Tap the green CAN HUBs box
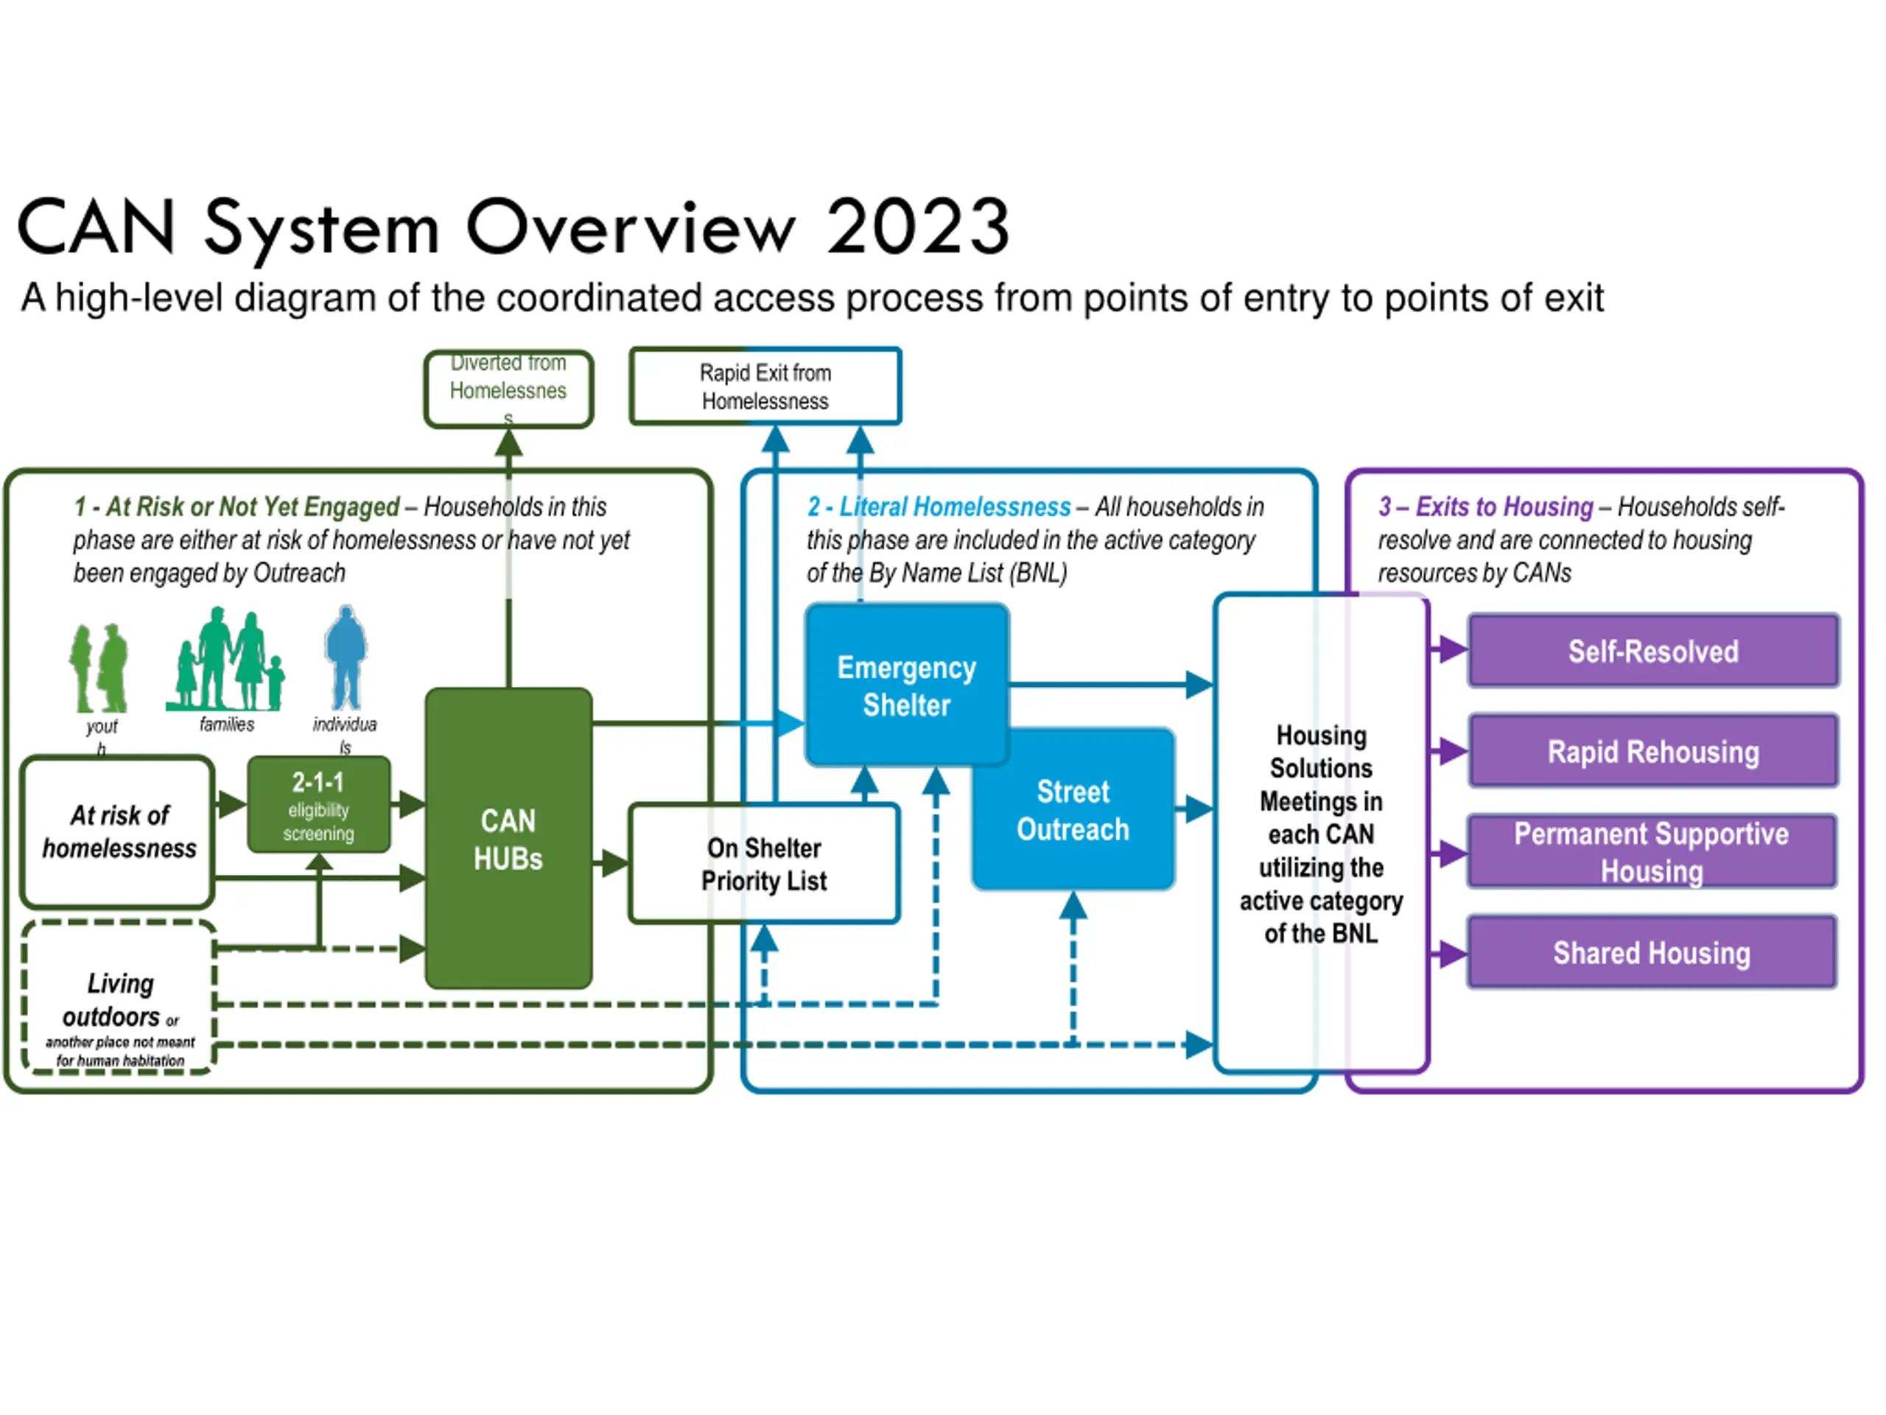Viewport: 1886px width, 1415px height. point(508,839)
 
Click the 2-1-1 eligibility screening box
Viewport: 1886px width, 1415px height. point(319,804)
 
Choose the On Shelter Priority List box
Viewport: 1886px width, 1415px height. point(764,863)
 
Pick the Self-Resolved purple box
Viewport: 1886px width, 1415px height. point(1652,651)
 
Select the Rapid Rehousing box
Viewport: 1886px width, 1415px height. point(1652,752)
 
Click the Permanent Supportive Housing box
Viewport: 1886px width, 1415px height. point(1652,851)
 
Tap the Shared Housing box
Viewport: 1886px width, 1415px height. point(1652,952)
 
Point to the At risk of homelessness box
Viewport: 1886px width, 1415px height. point(119,831)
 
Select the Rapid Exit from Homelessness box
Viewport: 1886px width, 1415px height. point(765,386)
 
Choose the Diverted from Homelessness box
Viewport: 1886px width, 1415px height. point(508,388)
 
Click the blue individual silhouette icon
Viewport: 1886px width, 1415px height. point(346,657)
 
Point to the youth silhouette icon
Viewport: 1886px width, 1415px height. point(99,668)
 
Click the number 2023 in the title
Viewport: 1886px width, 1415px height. point(918,227)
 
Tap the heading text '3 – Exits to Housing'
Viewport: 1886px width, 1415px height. point(1485,506)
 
